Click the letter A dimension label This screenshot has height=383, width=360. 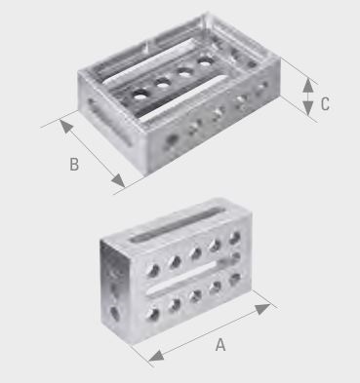click(220, 345)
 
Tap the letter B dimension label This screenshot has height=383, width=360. click(74, 164)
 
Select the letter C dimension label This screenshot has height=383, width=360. click(325, 104)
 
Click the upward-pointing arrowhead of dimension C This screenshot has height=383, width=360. click(308, 86)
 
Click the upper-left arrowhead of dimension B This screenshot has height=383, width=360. click(66, 127)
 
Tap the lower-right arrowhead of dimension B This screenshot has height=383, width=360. click(118, 180)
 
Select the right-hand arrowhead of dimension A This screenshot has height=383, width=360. click(262, 309)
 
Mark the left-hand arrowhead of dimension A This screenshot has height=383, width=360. click(156, 357)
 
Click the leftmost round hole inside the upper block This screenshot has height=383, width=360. click(140, 95)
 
